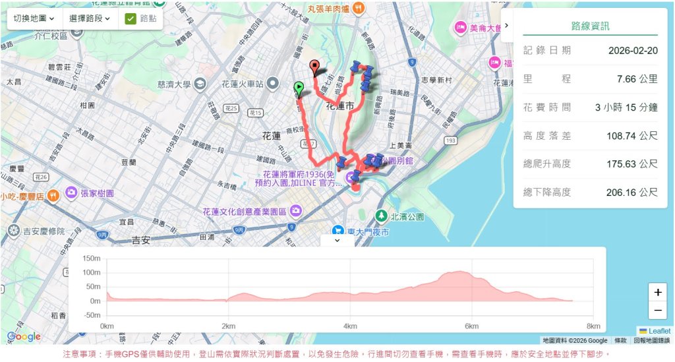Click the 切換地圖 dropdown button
tap(34, 18)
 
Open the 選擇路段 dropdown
tap(90, 18)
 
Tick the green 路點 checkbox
tap(131, 18)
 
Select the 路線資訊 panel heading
tap(590, 26)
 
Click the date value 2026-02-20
tap(633, 50)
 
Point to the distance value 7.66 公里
tap(637, 78)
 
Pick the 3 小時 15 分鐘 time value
tap(626, 107)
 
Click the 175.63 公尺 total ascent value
tap(631, 164)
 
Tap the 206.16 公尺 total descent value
tap(631, 192)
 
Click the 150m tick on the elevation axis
tap(92, 258)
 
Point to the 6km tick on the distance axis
tap(471, 326)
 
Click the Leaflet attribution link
tap(659, 331)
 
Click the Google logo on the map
tap(24, 337)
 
